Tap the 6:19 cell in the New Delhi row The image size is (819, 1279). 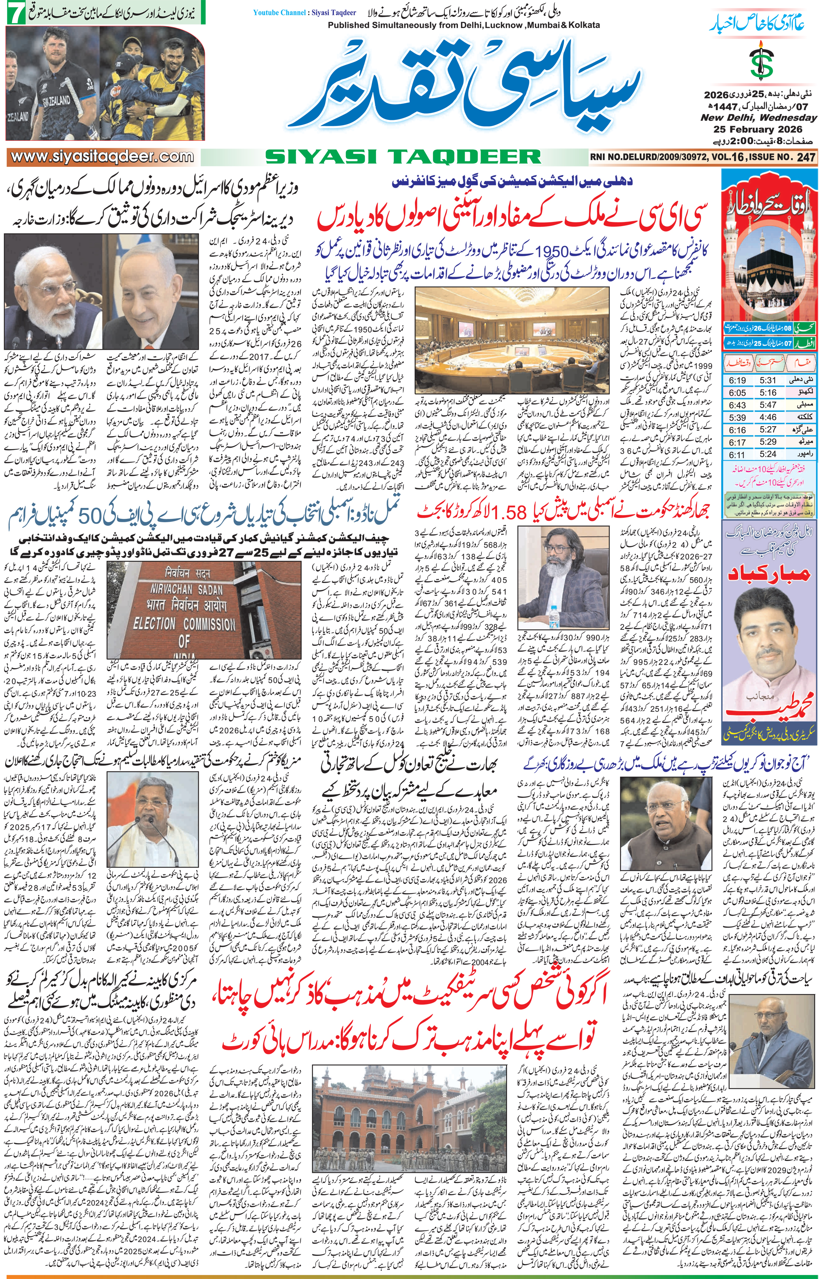point(737,380)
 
